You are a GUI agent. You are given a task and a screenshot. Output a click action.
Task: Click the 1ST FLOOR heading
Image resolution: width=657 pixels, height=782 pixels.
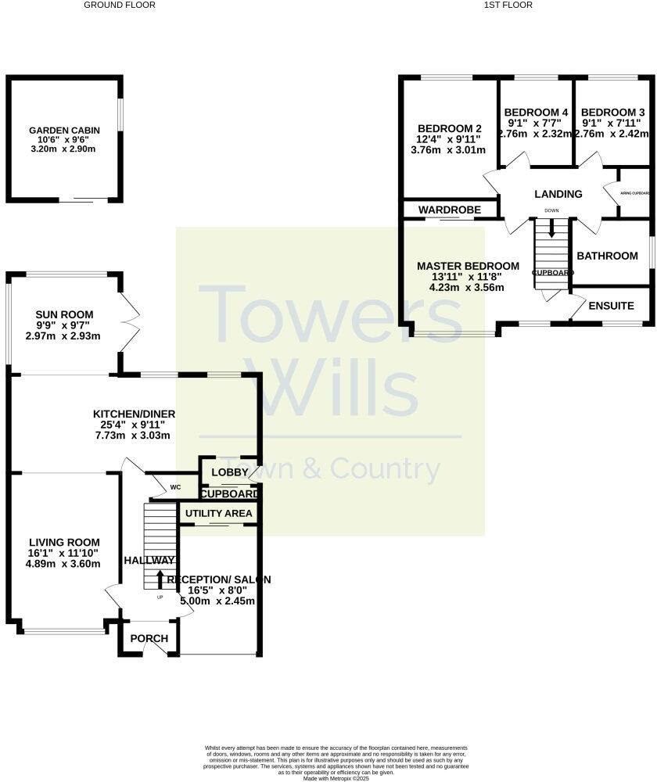[x=508, y=5]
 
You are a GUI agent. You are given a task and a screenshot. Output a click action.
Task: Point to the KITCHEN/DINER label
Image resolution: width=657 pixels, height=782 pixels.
[x=134, y=414]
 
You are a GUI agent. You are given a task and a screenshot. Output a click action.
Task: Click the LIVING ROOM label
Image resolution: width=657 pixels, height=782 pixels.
[x=53, y=542]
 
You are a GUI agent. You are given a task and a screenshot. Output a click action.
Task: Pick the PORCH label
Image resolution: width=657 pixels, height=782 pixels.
[x=149, y=638]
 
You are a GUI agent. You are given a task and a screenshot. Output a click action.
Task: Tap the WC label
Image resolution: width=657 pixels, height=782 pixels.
[x=175, y=487]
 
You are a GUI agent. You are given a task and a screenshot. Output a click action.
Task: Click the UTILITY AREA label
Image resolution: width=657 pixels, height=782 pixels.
[x=218, y=513]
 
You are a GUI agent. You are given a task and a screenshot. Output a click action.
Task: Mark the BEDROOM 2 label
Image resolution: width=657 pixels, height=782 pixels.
[x=449, y=129]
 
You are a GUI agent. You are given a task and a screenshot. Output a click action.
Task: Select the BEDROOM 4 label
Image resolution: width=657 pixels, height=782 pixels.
[x=537, y=112]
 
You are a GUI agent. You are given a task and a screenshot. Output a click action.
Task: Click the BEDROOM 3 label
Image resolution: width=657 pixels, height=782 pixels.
[x=613, y=112]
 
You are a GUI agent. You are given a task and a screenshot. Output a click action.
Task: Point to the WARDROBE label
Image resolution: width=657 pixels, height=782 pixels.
[x=450, y=210]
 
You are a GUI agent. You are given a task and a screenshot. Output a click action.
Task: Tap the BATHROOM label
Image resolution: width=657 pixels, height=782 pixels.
[x=607, y=256]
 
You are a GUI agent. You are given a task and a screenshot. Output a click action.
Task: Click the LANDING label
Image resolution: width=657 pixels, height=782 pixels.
[x=558, y=194]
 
